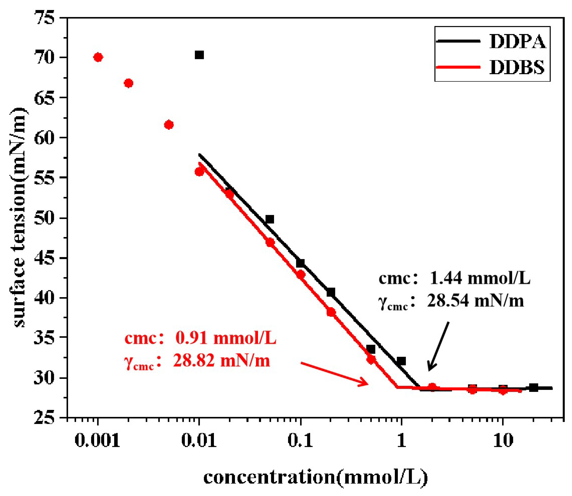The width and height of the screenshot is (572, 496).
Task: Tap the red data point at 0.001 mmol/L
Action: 98,57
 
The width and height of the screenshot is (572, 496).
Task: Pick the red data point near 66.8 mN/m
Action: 128,83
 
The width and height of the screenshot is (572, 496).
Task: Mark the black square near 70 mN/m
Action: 199,55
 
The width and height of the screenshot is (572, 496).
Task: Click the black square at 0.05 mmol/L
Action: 270,219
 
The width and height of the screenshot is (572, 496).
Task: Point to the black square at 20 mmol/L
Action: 534,387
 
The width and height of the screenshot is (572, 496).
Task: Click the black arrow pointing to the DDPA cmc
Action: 438,347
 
